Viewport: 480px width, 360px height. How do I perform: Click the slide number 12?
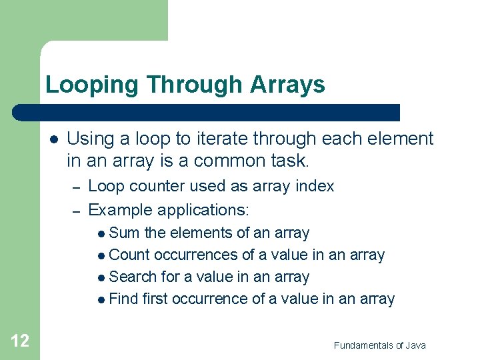[20, 341]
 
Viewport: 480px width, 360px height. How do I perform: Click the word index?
[314, 186]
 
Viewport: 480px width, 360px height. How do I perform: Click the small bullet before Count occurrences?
[100, 256]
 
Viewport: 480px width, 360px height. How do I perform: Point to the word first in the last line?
[153, 299]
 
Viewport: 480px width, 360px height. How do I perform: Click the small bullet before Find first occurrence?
[100, 300]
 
